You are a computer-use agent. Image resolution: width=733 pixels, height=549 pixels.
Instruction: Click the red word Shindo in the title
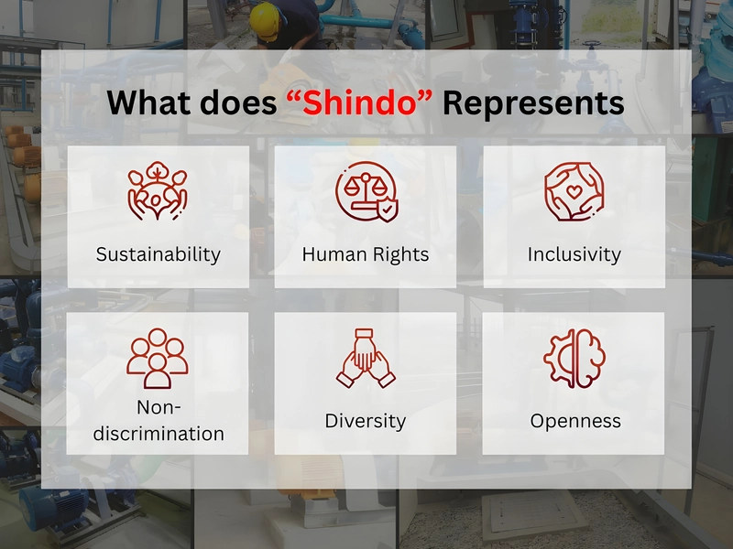pos(359,102)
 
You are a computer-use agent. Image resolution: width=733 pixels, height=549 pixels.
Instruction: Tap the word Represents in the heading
pos(533,103)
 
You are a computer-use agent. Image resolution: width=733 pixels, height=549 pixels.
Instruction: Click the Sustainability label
pos(158,255)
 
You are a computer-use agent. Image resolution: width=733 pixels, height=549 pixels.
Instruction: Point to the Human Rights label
pos(365,254)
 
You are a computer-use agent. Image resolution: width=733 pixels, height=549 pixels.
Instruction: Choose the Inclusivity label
pos(574,255)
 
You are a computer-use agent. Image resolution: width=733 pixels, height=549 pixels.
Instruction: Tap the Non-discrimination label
pos(159,421)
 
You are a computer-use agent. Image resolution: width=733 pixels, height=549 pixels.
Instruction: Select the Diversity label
pos(365,421)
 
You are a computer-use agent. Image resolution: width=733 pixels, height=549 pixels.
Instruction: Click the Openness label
pos(575,421)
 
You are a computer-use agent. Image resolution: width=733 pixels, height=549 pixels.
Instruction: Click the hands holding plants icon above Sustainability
pos(158,191)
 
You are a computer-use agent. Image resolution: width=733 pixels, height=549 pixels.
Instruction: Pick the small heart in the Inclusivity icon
pos(574,190)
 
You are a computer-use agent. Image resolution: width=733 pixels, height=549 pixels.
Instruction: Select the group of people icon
pos(158,359)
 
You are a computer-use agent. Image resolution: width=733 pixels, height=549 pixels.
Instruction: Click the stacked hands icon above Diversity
pos(366,358)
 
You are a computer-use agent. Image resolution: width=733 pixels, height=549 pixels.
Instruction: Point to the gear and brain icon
pos(574,358)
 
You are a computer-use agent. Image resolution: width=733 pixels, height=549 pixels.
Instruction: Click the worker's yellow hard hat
pos(265,20)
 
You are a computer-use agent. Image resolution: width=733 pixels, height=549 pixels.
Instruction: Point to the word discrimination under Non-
pos(159,434)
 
